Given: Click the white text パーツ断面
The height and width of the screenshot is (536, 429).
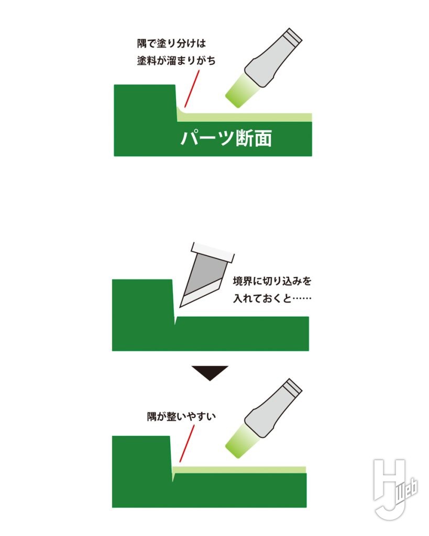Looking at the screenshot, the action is click(x=226, y=138).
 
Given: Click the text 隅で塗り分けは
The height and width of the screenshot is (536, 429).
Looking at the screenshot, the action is click(x=172, y=44).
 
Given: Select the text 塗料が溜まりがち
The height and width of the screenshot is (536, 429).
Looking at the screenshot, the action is click(x=176, y=61).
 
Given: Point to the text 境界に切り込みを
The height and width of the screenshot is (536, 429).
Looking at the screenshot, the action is click(x=272, y=281).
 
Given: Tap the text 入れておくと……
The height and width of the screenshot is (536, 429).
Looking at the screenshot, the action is click(x=272, y=298).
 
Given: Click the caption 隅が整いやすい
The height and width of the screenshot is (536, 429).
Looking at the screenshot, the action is click(x=181, y=416).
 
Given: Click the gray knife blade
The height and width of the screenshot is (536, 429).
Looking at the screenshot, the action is click(x=204, y=281).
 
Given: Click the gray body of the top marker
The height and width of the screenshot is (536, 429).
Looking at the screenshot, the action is click(x=273, y=58).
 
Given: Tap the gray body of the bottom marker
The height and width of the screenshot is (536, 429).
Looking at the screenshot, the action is click(x=273, y=408).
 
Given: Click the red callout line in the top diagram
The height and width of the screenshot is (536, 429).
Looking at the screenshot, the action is click(x=192, y=89).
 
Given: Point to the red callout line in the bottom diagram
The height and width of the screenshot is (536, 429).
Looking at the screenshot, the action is click(x=187, y=444).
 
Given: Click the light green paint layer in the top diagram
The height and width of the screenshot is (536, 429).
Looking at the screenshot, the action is click(x=244, y=117).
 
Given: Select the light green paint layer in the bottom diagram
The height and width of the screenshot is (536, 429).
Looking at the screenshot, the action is click(x=239, y=470).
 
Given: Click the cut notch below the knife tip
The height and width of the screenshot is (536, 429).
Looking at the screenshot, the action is click(x=175, y=320).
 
